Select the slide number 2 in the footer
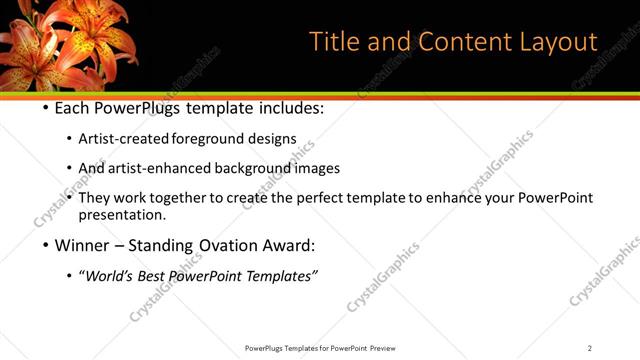click(x=590, y=348)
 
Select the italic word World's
click(x=109, y=275)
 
